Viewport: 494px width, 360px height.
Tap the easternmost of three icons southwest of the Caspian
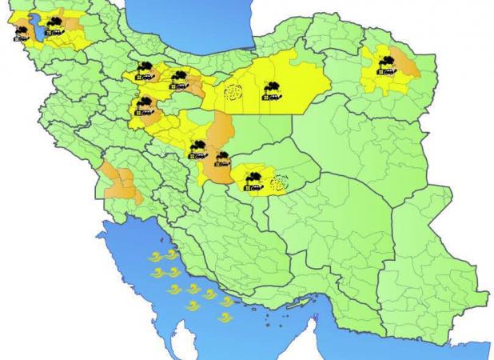(178, 78)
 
